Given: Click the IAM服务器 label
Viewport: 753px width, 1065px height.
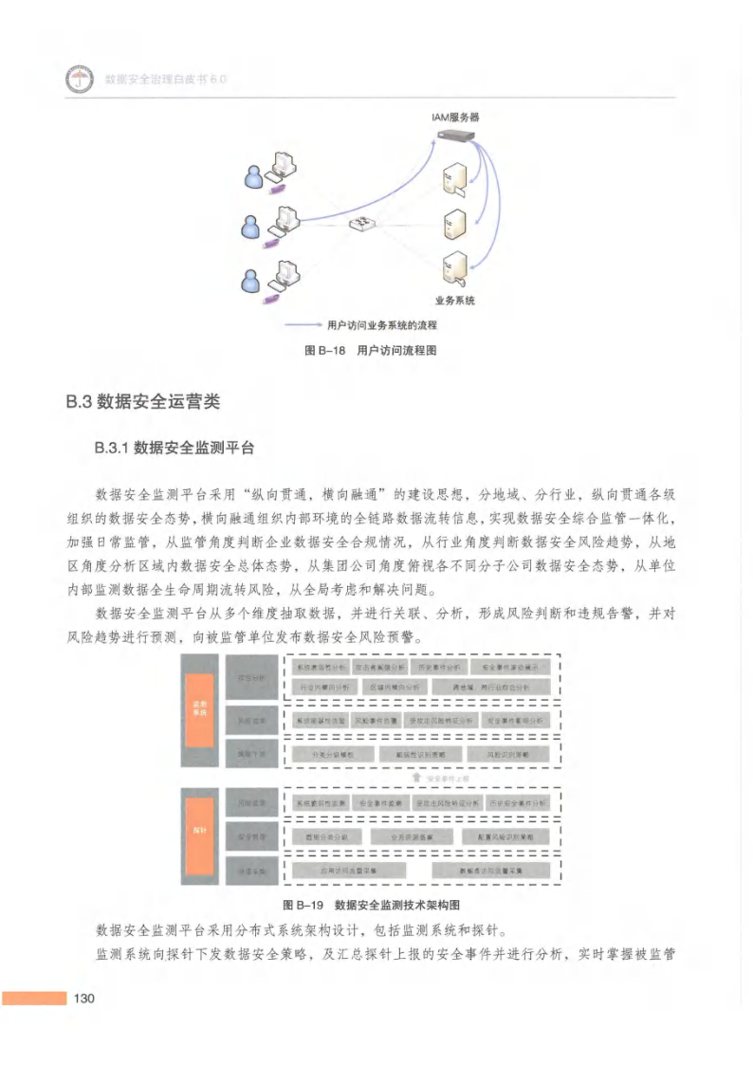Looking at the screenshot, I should click(x=455, y=117).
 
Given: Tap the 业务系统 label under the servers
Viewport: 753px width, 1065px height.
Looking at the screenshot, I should click(x=455, y=301).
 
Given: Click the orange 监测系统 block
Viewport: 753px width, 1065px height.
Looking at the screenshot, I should click(x=199, y=708).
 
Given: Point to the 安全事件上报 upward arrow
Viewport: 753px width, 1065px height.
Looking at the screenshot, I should click(x=414, y=778).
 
